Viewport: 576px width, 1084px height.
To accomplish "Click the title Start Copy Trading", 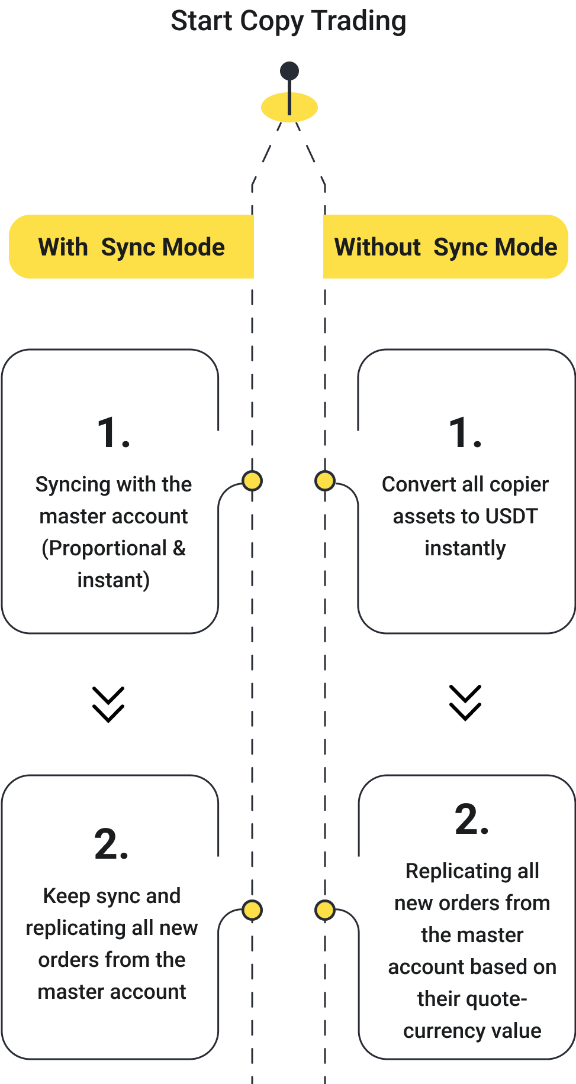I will click(x=288, y=21).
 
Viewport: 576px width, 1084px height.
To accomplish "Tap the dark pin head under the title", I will click(x=289, y=71).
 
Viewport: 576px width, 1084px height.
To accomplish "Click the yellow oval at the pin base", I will click(x=289, y=108).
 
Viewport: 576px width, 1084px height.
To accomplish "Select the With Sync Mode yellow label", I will click(x=131, y=247).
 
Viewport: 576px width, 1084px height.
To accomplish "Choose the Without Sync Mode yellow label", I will click(x=445, y=247).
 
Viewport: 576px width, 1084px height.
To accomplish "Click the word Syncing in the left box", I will click(x=73, y=485).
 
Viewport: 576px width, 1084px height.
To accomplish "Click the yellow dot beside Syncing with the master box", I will click(x=252, y=481).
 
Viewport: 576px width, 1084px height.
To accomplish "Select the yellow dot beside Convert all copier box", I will click(x=325, y=481).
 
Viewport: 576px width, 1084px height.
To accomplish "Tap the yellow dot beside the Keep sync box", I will click(x=252, y=910).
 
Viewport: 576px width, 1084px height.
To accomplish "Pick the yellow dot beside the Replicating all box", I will click(x=325, y=910).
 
